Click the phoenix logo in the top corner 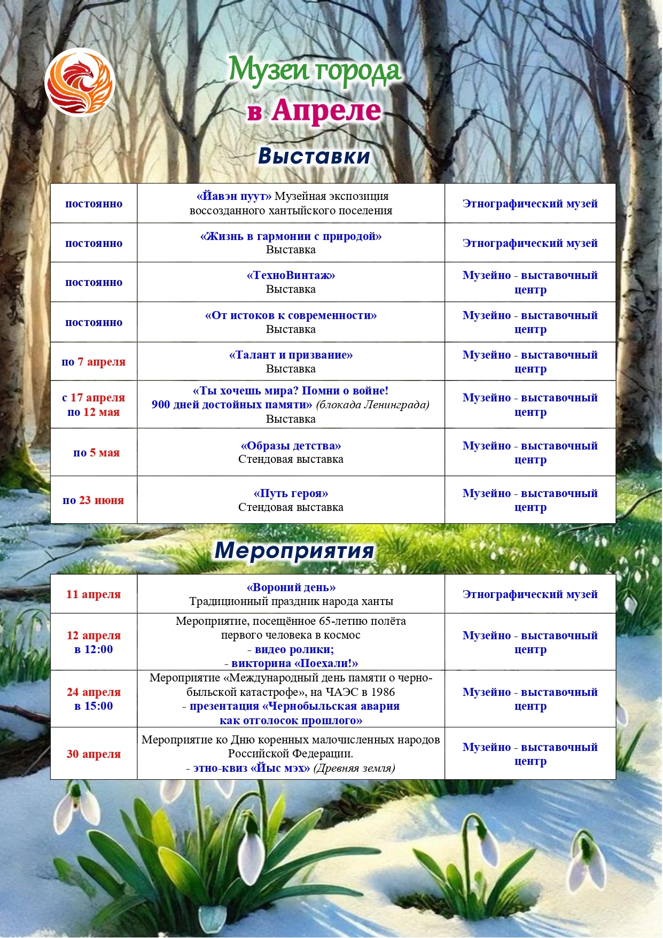(80, 83)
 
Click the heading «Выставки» (314, 156)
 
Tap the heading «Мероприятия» (294, 550)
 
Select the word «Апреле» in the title (326, 111)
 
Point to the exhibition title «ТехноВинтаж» (291, 276)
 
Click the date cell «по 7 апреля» (93, 362)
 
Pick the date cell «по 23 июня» (93, 500)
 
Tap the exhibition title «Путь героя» (291, 493)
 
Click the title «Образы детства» (291, 446)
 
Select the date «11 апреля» (93, 594)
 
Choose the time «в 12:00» (93, 649)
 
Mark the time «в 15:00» (93, 706)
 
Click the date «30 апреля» (93, 754)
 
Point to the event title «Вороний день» (291, 587)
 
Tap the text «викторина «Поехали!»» (294, 663)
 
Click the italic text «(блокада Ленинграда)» (373, 405)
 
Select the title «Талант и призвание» (291, 355)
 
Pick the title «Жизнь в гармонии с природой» (291, 236)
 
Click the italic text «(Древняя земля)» (354, 768)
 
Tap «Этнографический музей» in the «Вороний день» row (530, 594)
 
